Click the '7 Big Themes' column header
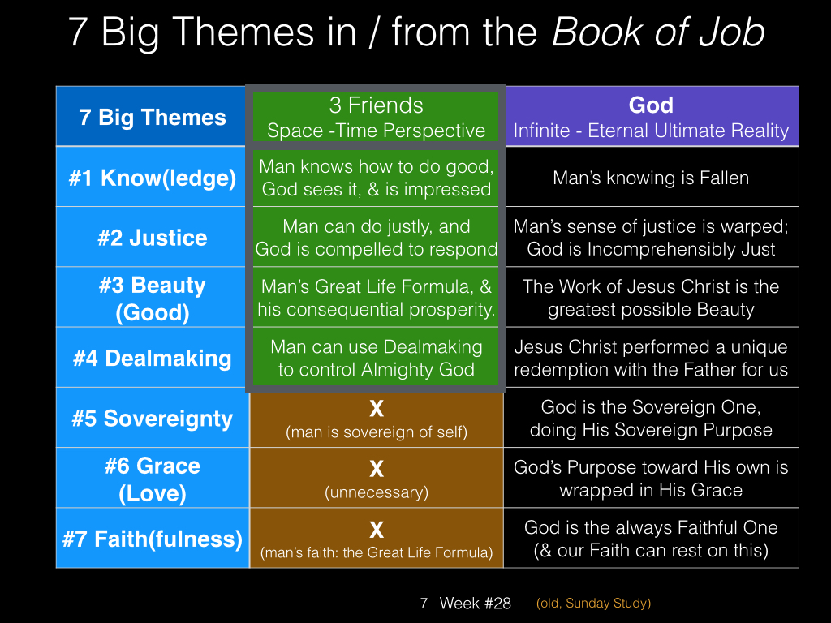point(152,117)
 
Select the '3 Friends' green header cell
point(376,117)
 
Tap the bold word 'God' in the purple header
point(651,105)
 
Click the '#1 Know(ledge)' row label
point(152,178)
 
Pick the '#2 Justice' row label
point(152,238)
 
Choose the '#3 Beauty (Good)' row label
point(152,299)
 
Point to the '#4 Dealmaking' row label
point(152,358)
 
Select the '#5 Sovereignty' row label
point(152,419)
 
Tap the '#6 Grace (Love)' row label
point(152,479)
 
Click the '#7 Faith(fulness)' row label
point(152,539)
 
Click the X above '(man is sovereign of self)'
point(377,409)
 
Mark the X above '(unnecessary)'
point(377,469)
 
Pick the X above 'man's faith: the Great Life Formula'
point(377,529)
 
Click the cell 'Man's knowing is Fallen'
point(651,178)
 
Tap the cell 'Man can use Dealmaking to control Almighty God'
point(376,358)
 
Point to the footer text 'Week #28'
point(476,603)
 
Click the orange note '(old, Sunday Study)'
point(593,603)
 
